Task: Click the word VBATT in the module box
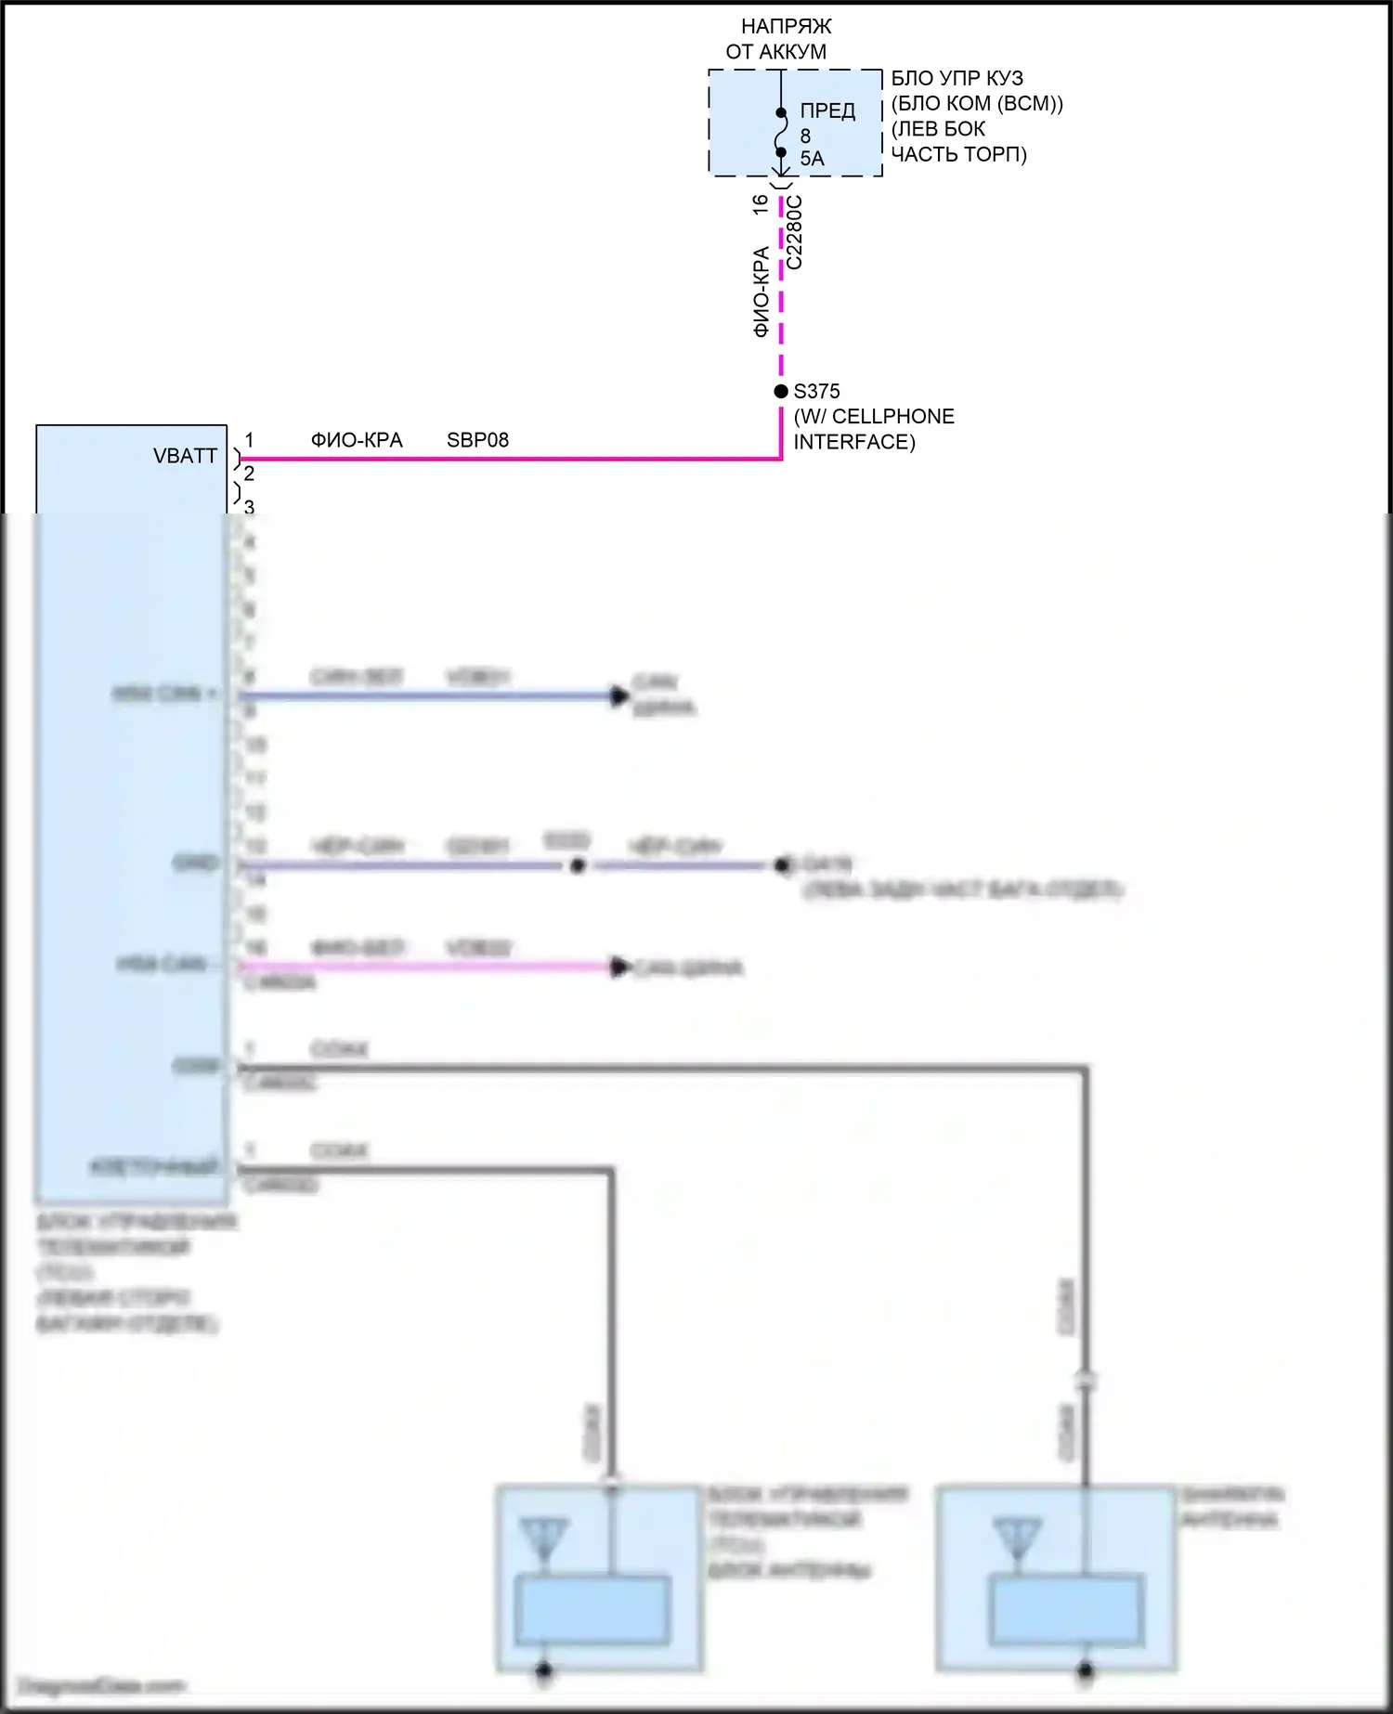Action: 185,456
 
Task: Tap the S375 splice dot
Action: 781,392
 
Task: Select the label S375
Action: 816,392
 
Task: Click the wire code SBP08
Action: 477,440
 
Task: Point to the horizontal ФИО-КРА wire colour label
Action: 357,440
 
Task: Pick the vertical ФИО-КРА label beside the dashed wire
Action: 762,292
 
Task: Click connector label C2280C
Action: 795,232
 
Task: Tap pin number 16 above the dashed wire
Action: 761,204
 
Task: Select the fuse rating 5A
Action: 812,159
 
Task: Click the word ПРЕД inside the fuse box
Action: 827,111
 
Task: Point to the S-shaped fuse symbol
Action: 781,133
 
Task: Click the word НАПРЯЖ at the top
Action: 786,26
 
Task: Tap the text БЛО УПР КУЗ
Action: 957,78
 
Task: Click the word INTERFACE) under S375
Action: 853,442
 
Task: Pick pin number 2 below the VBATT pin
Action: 249,474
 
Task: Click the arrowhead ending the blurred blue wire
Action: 619,695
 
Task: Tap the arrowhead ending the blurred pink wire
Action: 619,967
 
